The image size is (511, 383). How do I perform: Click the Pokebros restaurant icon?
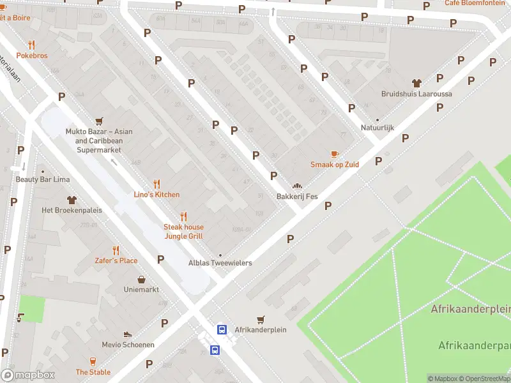31,45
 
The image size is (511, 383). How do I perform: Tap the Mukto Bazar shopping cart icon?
99,121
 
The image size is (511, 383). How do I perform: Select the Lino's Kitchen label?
156,195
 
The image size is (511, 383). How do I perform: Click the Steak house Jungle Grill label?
183,232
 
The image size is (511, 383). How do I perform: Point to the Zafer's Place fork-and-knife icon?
116,250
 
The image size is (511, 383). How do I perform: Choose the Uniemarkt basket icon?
141,279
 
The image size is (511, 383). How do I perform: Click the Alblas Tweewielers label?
220,263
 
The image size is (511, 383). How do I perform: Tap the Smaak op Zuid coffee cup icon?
334,154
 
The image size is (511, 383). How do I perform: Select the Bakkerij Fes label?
296,197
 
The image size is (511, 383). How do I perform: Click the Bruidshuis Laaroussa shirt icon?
417,83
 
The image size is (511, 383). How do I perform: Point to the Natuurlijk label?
377,128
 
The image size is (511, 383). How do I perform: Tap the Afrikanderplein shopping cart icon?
260,319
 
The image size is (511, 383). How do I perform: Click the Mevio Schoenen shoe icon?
128,334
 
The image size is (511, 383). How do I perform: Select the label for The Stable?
93,372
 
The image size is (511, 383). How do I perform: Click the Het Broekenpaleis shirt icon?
70,200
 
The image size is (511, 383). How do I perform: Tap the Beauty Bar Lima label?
42,179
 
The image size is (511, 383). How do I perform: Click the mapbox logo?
28,375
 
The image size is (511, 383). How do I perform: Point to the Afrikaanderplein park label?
471,309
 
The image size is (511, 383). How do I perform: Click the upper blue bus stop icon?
222,329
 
